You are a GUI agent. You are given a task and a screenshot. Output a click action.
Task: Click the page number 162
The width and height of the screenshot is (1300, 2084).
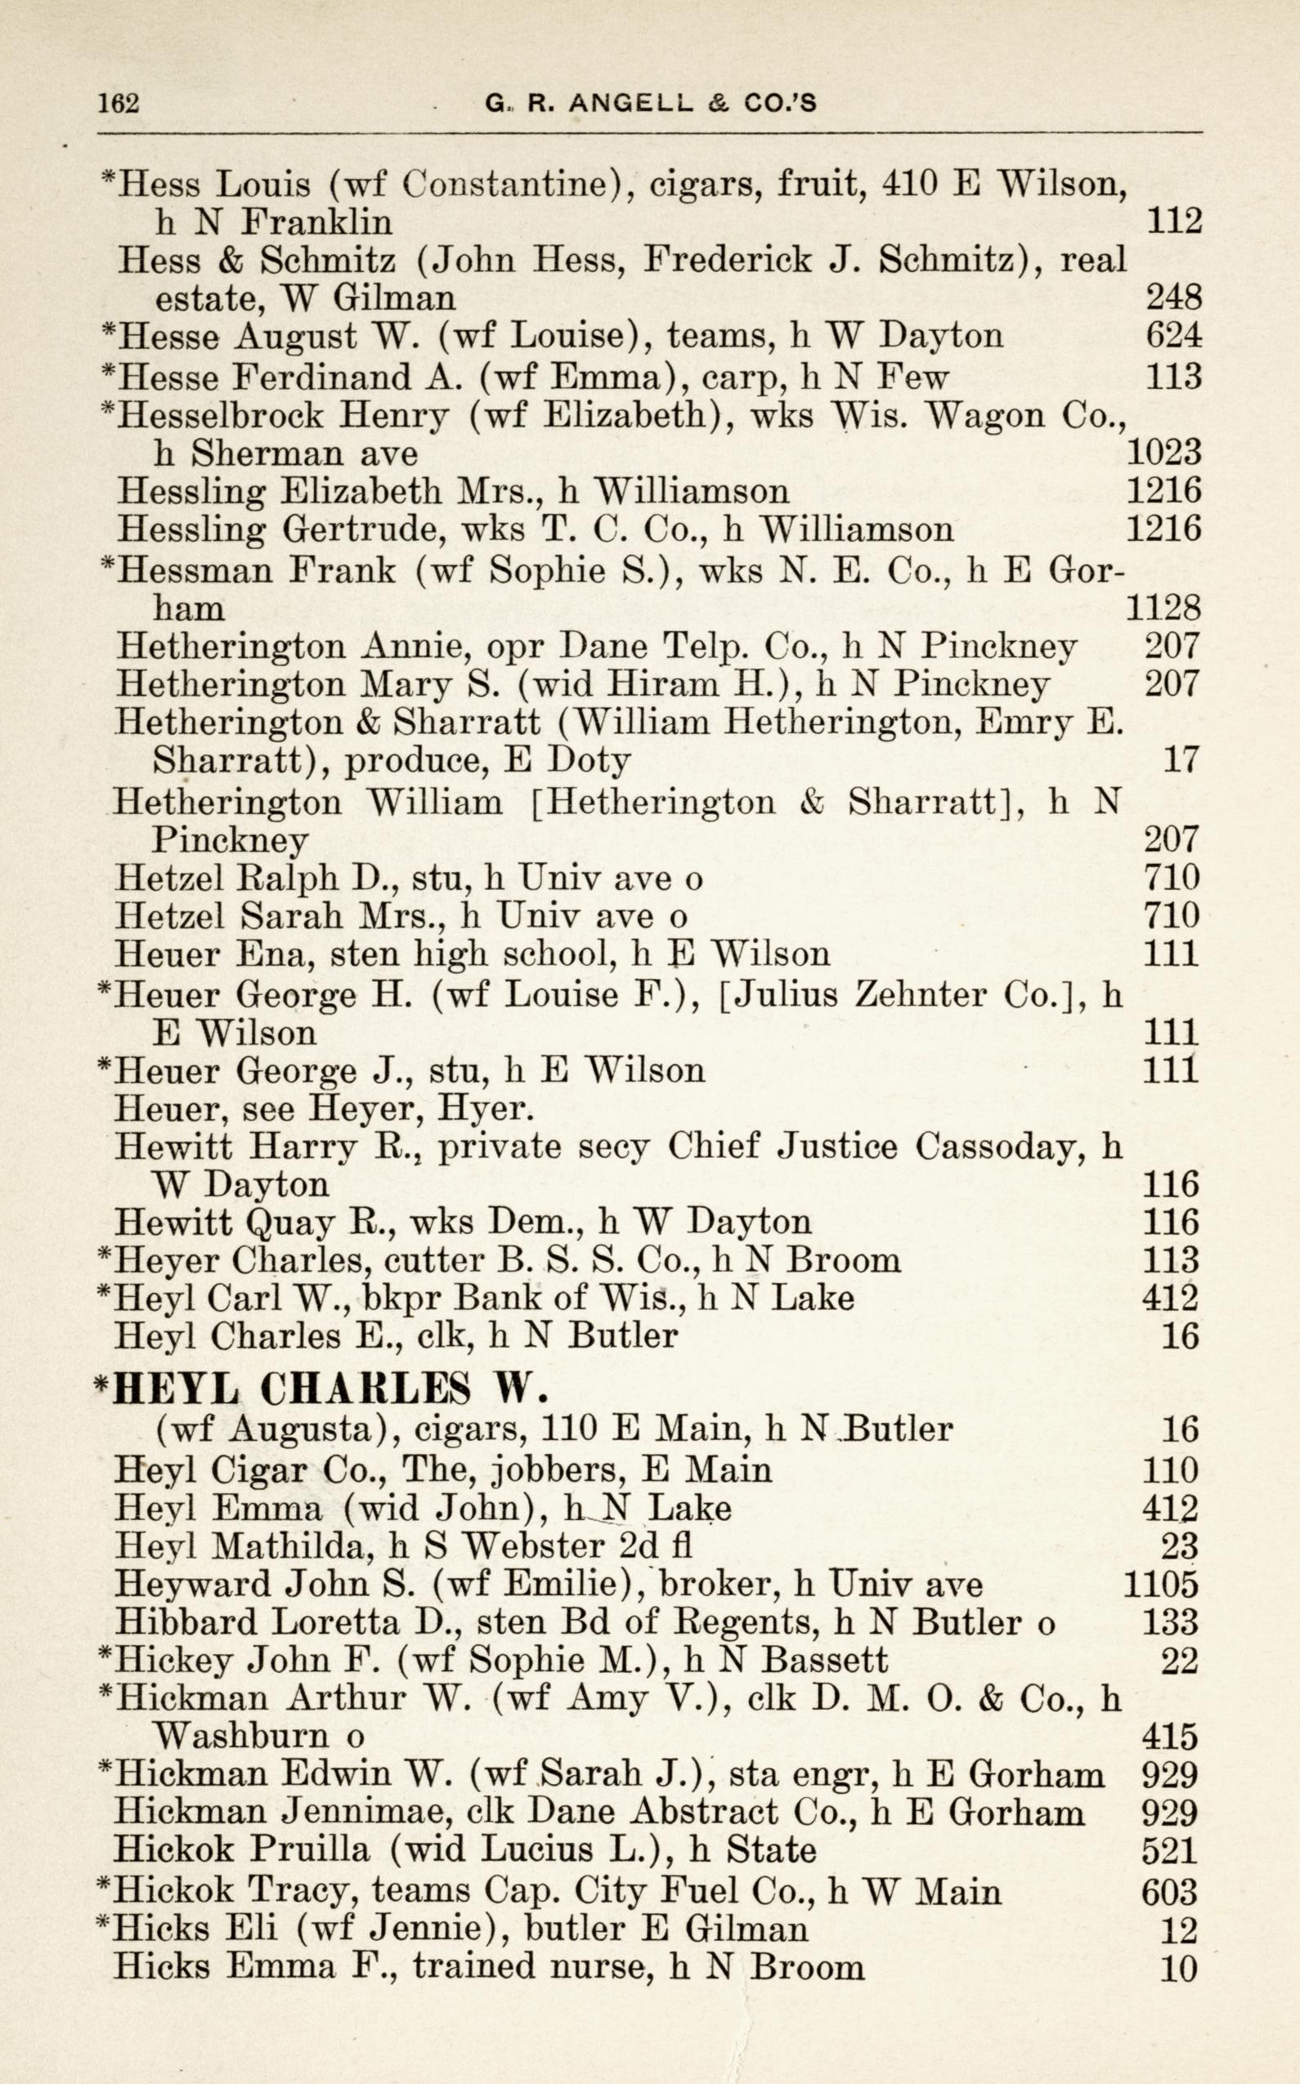point(119,103)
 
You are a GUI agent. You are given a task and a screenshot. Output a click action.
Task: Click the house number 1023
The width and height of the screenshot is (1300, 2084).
point(1163,452)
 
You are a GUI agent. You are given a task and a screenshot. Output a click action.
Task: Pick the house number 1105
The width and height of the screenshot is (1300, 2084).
point(1161,1583)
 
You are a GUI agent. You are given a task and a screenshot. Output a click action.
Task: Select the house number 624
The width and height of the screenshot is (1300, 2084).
point(1172,335)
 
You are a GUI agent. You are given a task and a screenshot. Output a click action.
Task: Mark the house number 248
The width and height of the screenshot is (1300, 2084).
point(1172,297)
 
